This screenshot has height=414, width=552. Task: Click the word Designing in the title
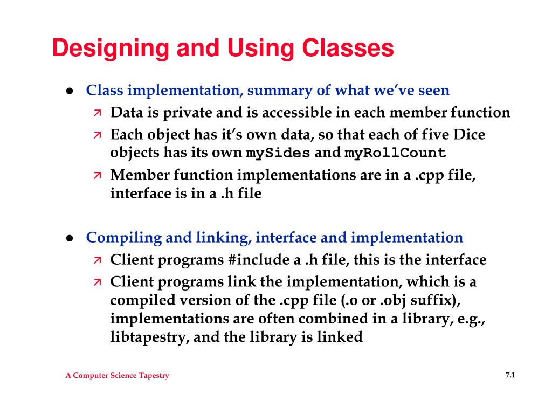point(108,49)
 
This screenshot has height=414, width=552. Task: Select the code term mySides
point(278,153)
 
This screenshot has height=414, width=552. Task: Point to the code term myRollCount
point(396,153)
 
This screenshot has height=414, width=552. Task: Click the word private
point(183,113)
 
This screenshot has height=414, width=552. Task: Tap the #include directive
point(258,260)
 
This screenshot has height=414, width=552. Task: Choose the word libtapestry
point(147,338)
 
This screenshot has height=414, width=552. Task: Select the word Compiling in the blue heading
point(116,238)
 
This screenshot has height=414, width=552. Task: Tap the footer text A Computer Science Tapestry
point(117,376)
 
